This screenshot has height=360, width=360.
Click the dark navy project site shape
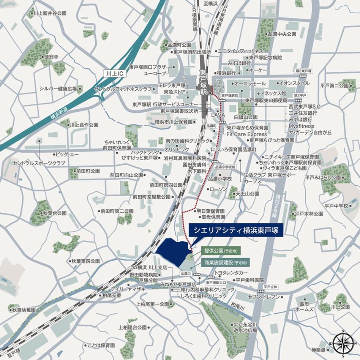click(x=173, y=252)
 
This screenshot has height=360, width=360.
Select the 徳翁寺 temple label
click(x=51, y=57)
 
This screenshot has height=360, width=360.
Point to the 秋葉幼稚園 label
click(x=24, y=310)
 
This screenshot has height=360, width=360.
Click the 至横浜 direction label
click(x=210, y=3)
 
